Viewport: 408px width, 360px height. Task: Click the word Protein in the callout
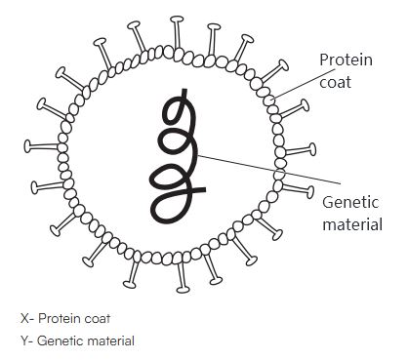tap(345, 61)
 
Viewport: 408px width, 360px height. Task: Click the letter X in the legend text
tap(23, 319)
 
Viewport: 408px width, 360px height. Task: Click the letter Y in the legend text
tap(23, 340)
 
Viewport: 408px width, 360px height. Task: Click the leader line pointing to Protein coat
tap(298, 84)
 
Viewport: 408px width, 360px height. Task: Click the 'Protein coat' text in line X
tap(69, 319)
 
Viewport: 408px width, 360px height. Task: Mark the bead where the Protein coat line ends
tap(272, 99)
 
